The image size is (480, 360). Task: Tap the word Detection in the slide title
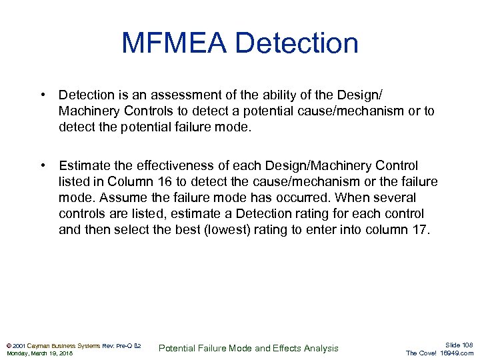tap(297, 43)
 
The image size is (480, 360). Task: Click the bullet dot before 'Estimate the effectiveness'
tap(42, 165)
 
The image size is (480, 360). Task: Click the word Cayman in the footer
tap(39, 345)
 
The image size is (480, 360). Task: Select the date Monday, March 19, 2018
tap(39, 353)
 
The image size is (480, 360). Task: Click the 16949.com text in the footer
tap(457, 353)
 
